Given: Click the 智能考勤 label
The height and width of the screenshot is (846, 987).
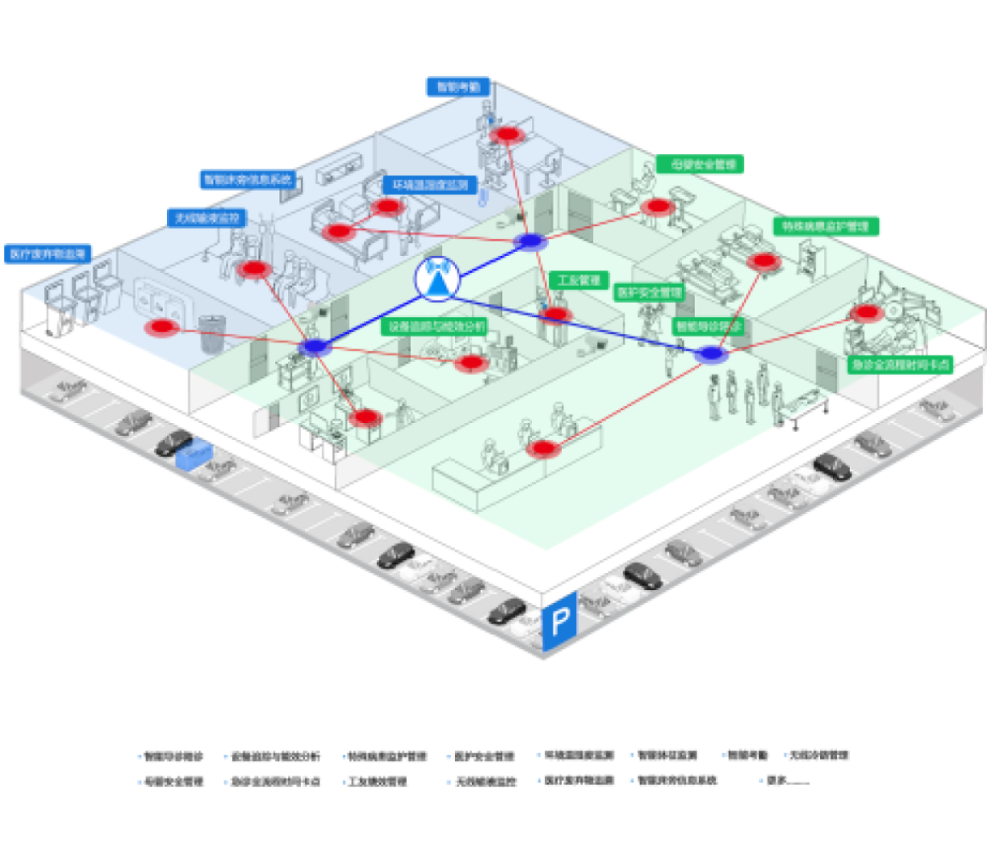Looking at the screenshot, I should point(458,86).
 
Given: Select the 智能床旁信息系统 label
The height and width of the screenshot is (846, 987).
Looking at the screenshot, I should point(249,179).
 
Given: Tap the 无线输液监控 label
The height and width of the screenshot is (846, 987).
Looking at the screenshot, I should point(206,218).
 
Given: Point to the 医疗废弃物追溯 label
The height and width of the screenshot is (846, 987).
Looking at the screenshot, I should point(47,254).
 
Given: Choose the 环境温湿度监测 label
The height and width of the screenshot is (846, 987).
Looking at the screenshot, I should point(429,185).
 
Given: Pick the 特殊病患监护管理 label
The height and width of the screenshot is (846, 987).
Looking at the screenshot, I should point(826,226).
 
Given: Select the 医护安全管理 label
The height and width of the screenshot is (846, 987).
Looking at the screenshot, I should point(648,293).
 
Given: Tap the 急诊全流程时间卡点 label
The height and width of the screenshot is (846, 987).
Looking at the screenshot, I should point(900,364).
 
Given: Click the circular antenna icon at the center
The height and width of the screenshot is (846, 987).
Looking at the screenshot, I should point(437,279).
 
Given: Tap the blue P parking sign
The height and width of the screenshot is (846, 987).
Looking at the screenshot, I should point(560,620).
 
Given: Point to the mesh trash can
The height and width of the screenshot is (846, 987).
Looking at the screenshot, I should point(210,333).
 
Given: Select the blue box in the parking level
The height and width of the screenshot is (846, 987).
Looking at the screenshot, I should point(194,454).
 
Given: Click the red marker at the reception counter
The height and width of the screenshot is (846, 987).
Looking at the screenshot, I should point(543,447).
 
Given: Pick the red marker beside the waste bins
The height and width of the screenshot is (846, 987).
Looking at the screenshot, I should point(163,327).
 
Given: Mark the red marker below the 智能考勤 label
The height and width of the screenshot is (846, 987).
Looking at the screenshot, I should point(506,133).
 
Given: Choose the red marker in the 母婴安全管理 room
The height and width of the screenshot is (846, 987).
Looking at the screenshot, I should point(656,206).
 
